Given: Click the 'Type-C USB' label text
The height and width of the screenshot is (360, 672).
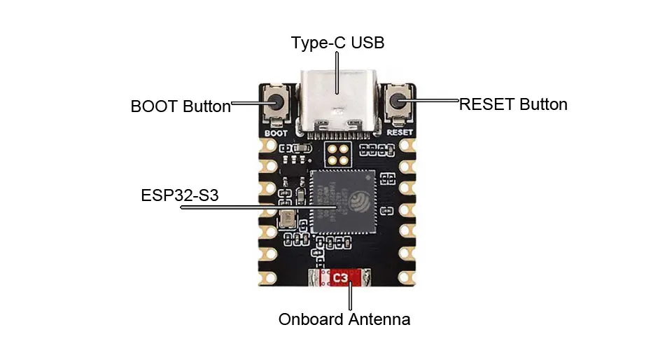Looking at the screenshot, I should (337, 43).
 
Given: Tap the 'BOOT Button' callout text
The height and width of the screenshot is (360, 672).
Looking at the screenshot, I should (180, 107).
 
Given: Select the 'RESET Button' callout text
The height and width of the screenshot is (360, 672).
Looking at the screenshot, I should (513, 104).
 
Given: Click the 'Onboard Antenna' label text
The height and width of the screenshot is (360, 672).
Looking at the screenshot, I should (344, 320).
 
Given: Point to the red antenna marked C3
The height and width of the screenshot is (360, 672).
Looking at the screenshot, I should (340, 278).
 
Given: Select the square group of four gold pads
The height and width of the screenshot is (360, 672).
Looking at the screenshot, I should (339, 154).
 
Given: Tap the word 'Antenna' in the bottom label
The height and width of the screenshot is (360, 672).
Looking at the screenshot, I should (379, 320).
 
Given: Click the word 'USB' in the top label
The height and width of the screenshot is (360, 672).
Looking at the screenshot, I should (367, 43).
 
